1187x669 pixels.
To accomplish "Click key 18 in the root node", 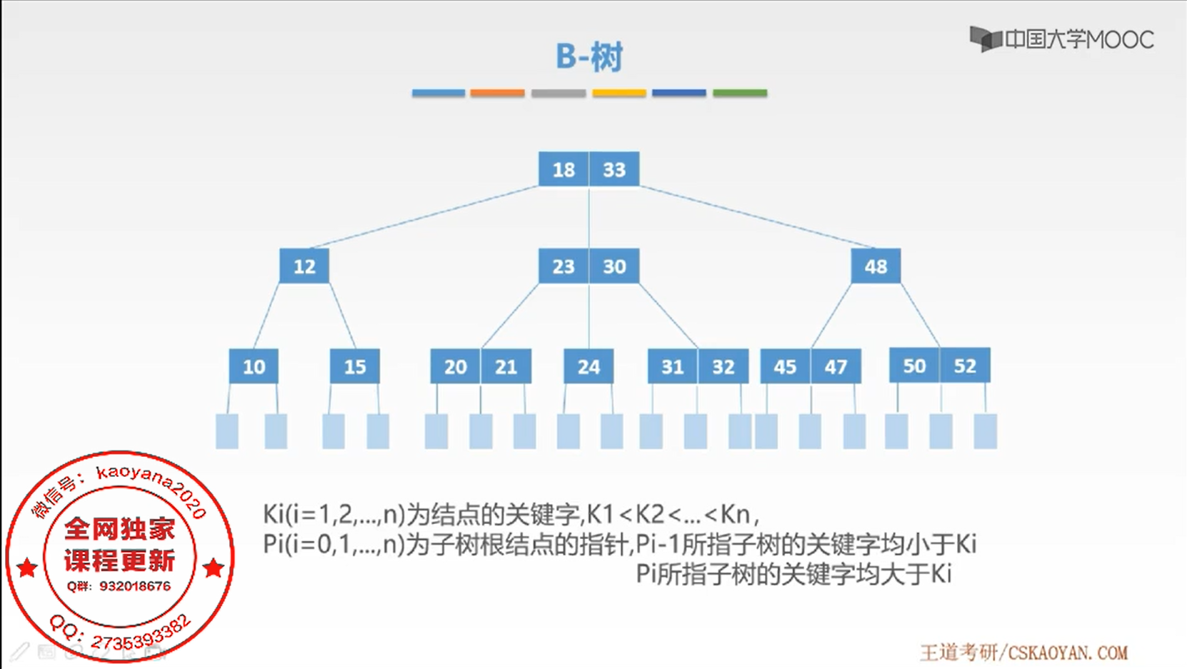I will (564, 169).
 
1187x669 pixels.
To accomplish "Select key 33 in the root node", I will (614, 169).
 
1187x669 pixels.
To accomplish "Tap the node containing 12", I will (304, 266).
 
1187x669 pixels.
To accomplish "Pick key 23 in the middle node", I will (564, 266).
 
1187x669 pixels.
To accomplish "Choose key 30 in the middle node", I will (614, 266).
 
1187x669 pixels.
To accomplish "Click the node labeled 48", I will (876, 266).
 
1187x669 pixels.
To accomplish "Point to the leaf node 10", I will (254, 366).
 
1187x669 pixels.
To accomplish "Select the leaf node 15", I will (354, 366).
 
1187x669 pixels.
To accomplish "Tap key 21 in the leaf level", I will (506, 366).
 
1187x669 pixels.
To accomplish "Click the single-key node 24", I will (589, 366).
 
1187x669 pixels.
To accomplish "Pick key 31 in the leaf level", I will (672, 366).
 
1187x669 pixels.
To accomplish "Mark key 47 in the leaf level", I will (836, 366).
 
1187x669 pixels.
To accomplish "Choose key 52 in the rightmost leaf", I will (965, 366).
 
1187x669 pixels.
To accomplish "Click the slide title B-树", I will (589, 56).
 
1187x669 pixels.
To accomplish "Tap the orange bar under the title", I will (497, 93).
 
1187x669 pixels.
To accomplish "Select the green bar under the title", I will (740, 93).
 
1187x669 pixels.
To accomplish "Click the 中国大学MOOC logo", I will (1061, 39).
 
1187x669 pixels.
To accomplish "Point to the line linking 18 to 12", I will (424, 217).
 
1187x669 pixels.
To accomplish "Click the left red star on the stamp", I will (27, 568).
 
